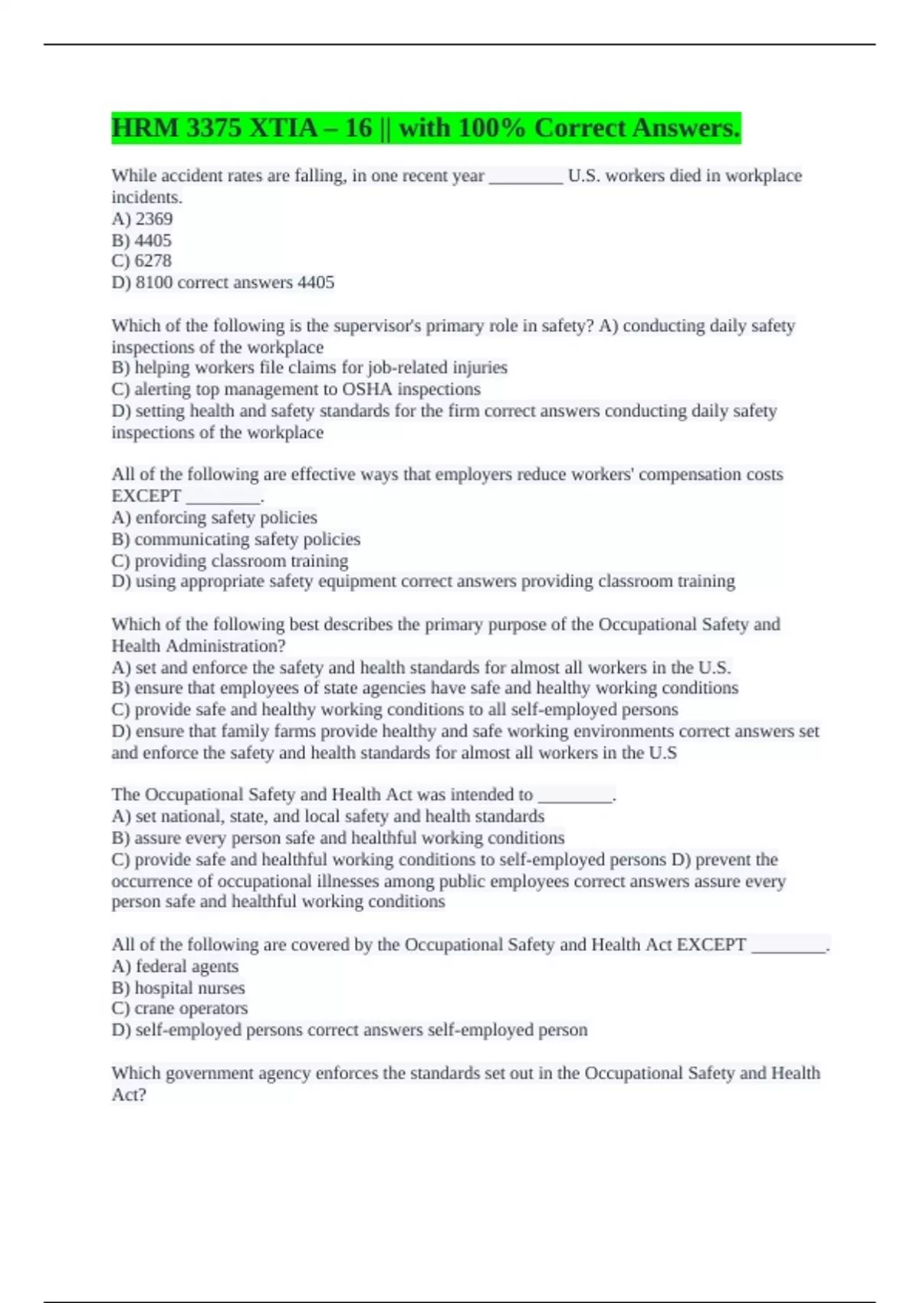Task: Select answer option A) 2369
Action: [142, 218]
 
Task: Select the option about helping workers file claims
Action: [309, 368]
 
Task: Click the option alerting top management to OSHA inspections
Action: [296, 389]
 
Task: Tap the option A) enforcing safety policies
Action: [214, 517]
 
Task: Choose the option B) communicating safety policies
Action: [235, 539]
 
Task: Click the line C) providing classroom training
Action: [229, 560]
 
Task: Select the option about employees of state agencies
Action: [425, 688]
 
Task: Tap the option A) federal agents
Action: [175, 966]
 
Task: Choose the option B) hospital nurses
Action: [178, 987]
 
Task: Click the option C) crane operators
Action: [179, 1008]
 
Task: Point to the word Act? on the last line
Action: [129, 1095]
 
